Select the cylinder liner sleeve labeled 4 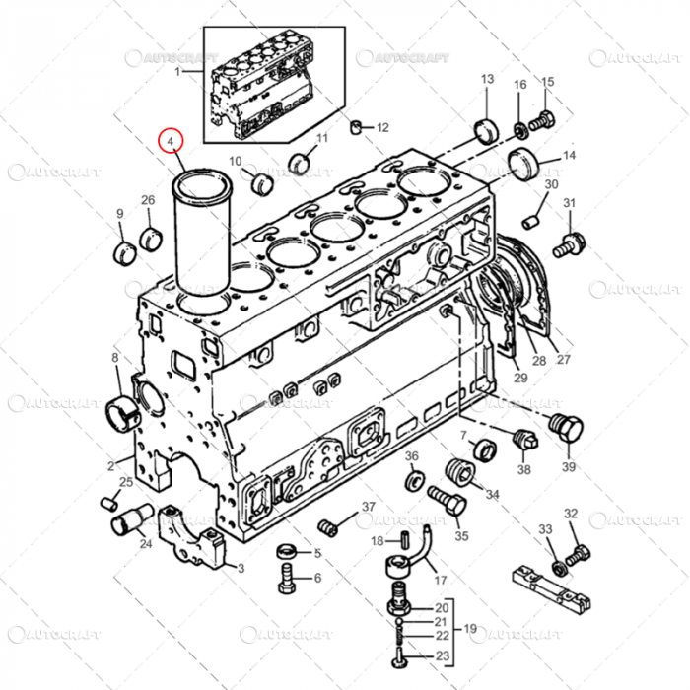201,232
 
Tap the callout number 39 569,465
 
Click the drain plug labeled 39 569,432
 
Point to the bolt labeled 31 568,242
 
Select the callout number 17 440,580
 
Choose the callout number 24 146,543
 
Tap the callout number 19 471,628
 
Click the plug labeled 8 118,404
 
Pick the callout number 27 563,358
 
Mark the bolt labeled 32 580,552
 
